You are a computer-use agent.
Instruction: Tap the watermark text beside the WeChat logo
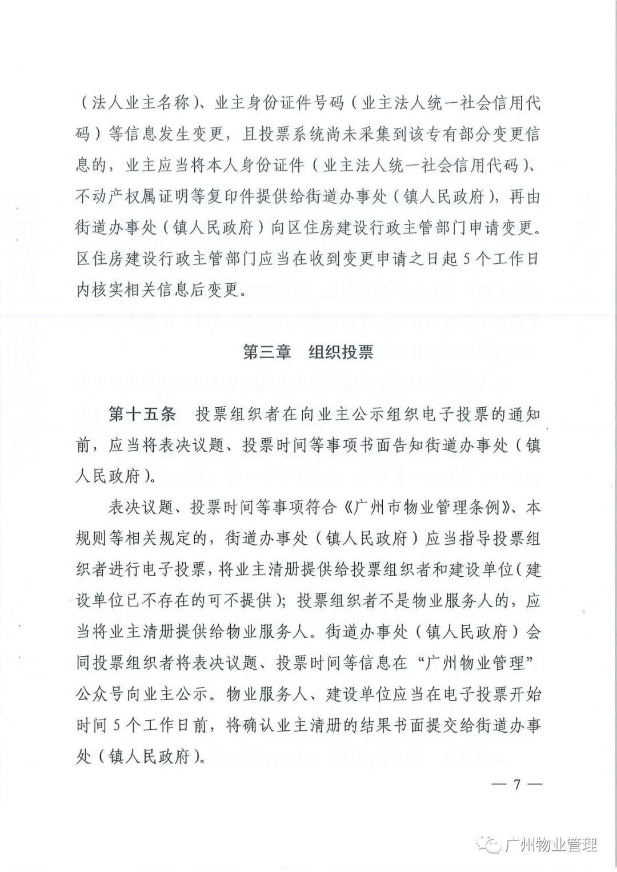point(552,845)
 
